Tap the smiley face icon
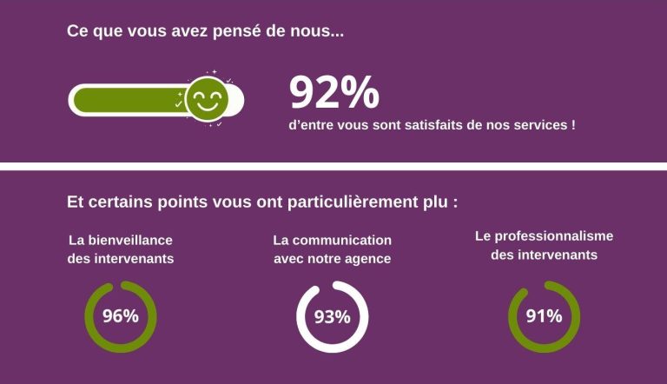[x=207, y=98]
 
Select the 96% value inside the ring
[x=121, y=316]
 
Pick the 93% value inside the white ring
[x=333, y=317]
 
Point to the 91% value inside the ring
[x=544, y=316]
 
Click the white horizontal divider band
[x=333, y=167]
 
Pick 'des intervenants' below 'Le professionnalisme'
[x=544, y=255]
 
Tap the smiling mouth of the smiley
[x=207, y=107]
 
